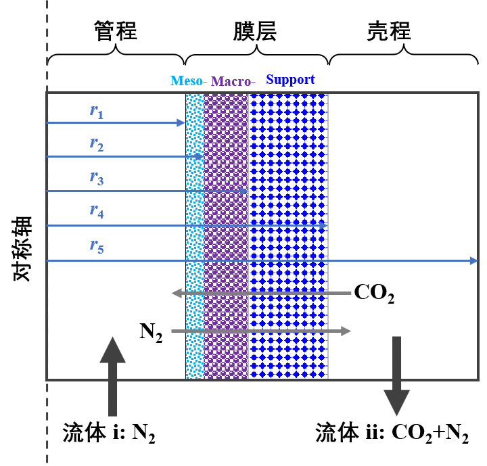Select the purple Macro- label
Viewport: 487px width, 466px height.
pyautogui.click(x=233, y=82)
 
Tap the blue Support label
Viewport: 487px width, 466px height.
pyautogui.click(x=290, y=79)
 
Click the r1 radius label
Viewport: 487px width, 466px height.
pyautogui.click(x=97, y=111)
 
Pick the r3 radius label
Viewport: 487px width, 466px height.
pyautogui.click(x=97, y=179)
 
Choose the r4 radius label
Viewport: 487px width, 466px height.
pyautogui.click(x=97, y=211)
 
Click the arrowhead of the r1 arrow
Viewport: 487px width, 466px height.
pyautogui.click(x=181, y=122)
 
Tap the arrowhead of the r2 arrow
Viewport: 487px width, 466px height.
pyautogui.click(x=200, y=156)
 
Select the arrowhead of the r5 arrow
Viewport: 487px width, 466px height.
pyautogui.click(x=474, y=260)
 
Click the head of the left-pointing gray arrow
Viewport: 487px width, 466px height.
pyautogui.click(x=176, y=293)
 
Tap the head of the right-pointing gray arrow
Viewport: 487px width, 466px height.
pyautogui.click(x=347, y=331)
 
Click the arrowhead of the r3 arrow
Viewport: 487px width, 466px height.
pyautogui.click(x=244, y=191)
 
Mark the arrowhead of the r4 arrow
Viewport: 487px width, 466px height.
pyautogui.click(x=323, y=225)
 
